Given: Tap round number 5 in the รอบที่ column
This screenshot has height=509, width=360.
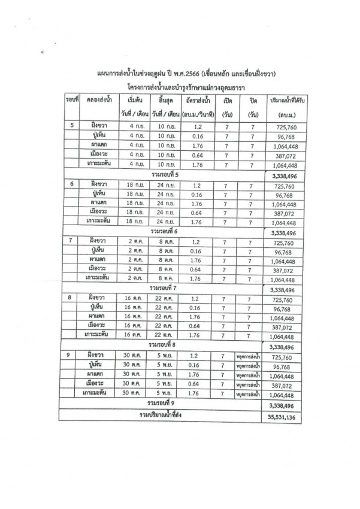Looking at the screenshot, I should click(x=72, y=126).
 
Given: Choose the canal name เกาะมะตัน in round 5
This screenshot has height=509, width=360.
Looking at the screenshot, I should click(x=97, y=164).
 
